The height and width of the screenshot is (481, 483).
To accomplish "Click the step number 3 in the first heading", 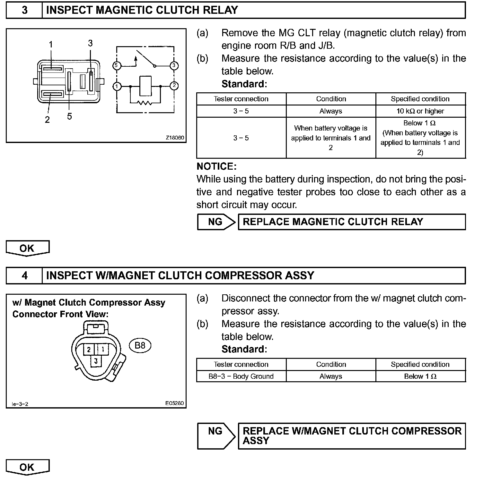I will pyautogui.click(x=24, y=10).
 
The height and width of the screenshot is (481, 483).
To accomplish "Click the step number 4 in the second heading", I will pyautogui.click(x=24, y=275).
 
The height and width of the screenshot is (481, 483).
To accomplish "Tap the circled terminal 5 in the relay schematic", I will pyautogui.click(x=117, y=66).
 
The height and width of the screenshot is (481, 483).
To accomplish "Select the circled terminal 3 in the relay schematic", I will pyautogui.click(x=174, y=66).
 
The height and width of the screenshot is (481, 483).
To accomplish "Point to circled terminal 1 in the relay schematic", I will pyautogui.click(x=117, y=86).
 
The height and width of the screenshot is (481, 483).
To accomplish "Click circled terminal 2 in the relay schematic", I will pyautogui.click(x=174, y=86).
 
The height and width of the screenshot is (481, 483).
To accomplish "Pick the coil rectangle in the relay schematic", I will pyautogui.click(x=145, y=86).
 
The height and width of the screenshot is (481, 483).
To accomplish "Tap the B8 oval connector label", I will pyautogui.click(x=140, y=345).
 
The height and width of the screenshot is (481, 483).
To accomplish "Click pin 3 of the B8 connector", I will pyautogui.click(x=96, y=361).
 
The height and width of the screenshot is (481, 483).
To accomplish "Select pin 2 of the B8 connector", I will pyautogui.click(x=89, y=350).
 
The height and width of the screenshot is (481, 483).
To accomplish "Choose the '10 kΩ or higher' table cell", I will pyautogui.click(x=420, y=111).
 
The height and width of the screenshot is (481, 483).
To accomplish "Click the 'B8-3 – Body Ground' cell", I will pyautogui.click(x=241, y=376).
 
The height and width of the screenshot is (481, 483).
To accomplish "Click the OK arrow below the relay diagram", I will pyautogui.click(x=27, y=249).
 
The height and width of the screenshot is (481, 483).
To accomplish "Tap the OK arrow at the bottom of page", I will pyautogui.click(x=27, y=467).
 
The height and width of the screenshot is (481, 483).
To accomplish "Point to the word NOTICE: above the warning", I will pyautogui.click(x=216, y=166).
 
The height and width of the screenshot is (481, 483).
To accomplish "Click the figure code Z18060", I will pyautogui.click(x=175, y=138).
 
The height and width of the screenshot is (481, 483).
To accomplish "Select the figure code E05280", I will pyautogui.click(x=175, y=403).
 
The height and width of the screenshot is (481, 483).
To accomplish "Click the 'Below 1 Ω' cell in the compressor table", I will pyautogui.click(x=420, y=376).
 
